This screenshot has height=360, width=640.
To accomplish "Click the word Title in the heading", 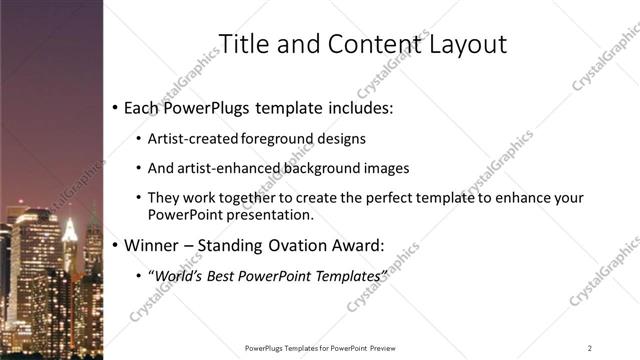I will tap(242, 44).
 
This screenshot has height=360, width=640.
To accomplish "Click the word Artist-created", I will tap(188, 139).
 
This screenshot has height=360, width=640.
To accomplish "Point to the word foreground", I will tap(272, 139).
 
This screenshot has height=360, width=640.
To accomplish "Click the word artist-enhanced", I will tap(218, 168).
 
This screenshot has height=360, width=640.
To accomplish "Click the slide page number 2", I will tap(590, 348).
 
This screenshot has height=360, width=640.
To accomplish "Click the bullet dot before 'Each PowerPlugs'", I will tap(116, 106).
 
